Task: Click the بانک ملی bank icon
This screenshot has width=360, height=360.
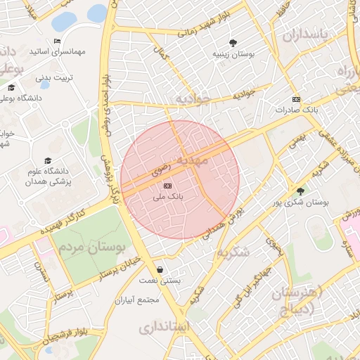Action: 167,186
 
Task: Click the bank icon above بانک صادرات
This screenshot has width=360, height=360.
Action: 296,99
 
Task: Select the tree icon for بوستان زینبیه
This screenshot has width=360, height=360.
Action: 233,42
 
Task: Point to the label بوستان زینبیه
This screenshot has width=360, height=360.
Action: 233,53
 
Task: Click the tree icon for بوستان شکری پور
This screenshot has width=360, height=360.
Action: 301,191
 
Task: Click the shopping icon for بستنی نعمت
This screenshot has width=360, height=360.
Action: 160,269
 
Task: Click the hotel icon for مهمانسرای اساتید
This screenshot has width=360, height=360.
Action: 57,41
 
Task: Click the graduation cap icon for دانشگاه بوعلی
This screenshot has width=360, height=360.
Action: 11,88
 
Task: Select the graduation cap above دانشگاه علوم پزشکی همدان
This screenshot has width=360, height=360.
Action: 47,160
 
